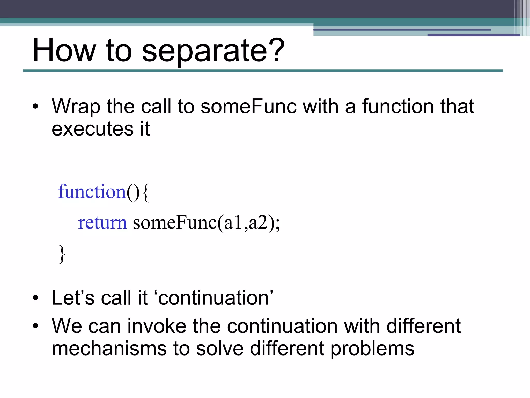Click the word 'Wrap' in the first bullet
coord(76,106)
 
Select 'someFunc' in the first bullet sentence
coord(248,106)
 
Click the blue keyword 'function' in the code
coord(92,192)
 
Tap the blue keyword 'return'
coord(102,223)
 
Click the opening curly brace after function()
coord(146,193)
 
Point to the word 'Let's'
coord(73,298)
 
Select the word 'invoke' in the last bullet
coord(157,326)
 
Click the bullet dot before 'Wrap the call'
coord(35,106)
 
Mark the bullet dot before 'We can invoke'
coord(35,326)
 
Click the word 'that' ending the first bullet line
coord(457,106)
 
